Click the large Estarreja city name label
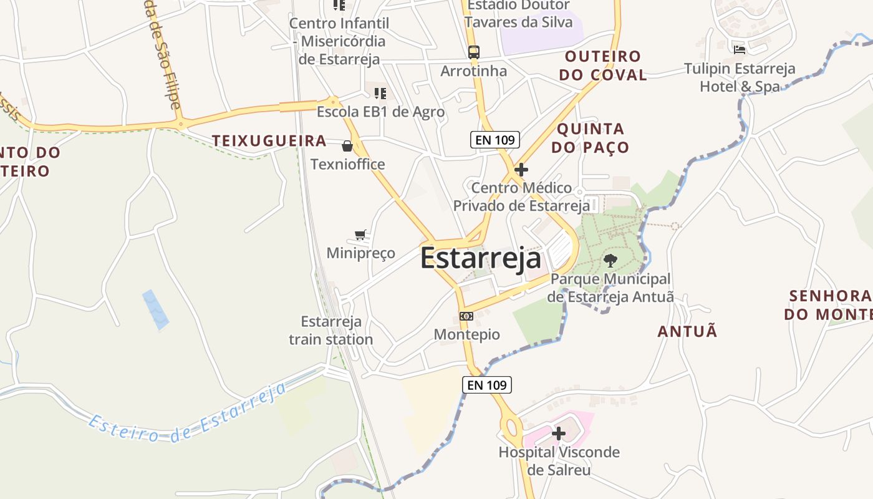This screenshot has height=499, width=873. click(480, 258)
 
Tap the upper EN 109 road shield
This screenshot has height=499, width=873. click(495, 140)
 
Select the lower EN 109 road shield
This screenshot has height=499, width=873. click(487, 385)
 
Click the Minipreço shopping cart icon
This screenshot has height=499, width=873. click(360, 235)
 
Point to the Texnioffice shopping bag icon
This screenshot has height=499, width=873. click(347, 147)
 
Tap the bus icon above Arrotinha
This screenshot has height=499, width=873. click(474, 52)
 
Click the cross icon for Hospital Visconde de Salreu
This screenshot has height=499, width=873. click(559, 433)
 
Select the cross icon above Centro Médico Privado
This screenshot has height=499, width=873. click(521, 169)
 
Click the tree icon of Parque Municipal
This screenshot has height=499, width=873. click(610, 261)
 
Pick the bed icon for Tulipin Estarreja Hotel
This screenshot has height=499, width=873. click(740, 49)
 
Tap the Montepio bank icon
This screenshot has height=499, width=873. click(466, 316)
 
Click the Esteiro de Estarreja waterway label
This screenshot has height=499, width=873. click(187, 415)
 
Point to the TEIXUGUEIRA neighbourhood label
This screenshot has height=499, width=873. click(269, 141)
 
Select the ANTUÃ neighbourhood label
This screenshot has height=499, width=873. click(687, 331)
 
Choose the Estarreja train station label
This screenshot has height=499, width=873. click(330, 331)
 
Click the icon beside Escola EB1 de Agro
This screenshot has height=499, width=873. click(380, 94)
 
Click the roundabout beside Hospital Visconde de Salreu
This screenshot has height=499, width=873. click(512, 429)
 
